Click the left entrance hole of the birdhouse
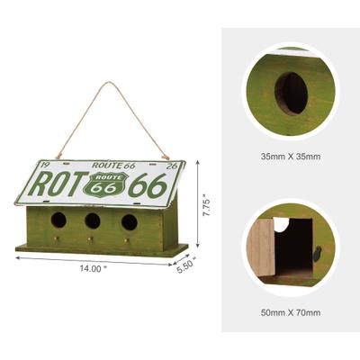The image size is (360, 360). [58, 219]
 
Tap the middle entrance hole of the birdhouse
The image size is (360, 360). [93, 220]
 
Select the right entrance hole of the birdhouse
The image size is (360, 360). [130, 221]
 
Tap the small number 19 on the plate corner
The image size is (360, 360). [40, 164]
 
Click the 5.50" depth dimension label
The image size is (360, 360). [184, 266]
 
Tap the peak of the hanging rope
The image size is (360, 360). [112, 84]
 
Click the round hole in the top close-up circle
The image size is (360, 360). [289, 92]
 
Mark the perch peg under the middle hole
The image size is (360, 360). [92, 241]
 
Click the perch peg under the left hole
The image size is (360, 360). [57, 238]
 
